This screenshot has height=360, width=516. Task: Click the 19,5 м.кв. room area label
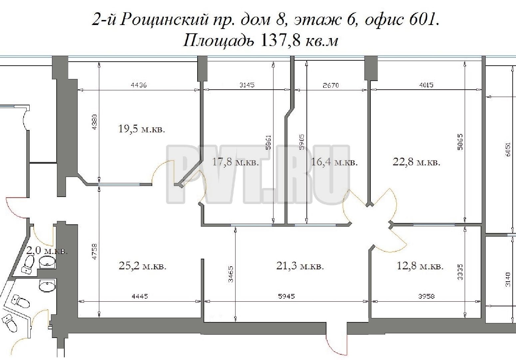(142, 129)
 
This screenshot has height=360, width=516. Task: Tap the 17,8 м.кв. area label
(235, 162)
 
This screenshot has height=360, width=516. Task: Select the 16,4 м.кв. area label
(334, 162)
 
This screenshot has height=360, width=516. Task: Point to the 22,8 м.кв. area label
(416, 162)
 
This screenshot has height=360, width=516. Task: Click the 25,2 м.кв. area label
(143, 266)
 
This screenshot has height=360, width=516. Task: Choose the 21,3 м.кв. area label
(300, 266)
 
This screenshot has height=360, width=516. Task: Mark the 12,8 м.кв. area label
(420, 266)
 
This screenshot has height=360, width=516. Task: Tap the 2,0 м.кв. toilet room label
(47, 250)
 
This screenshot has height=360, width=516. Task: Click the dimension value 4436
(139, 85)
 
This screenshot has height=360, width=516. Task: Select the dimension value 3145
(247, 85)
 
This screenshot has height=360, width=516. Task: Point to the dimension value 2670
(331, 86)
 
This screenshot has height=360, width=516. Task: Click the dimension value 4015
(426, 85)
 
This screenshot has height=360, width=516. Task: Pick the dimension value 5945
(286, 296)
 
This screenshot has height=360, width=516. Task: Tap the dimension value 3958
(426, 296)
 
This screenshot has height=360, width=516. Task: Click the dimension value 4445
(140, 296)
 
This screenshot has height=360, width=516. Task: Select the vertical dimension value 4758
(95, 252)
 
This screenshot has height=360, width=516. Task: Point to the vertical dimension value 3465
(231, 274)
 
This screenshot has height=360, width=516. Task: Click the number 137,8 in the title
(280, 40)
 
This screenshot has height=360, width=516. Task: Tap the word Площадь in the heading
(219, 41)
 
